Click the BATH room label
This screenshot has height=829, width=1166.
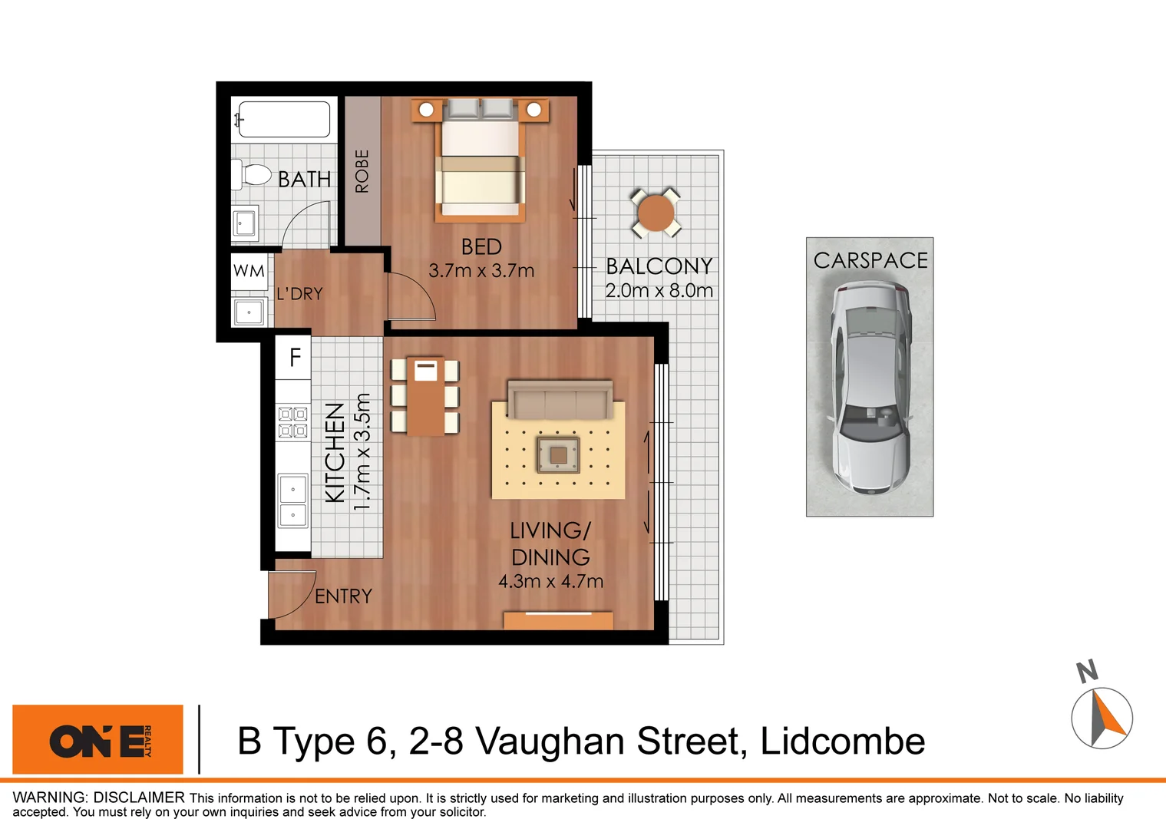[x=304, y=179]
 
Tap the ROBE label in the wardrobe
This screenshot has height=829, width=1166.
[x=362, y=170]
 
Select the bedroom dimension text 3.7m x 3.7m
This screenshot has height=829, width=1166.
[x=481, y=271]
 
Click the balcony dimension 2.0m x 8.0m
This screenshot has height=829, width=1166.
[x=659, y=291]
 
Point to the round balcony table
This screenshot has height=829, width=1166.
[x=656, y=213]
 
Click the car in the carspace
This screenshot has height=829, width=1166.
[x=870, y=387]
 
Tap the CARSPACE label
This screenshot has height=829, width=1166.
[x=870, y=261]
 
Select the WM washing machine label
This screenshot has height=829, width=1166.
[x=249, y=271]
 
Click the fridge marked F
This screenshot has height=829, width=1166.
[x=295, y=357]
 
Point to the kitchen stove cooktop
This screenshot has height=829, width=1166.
[x=292, y=422]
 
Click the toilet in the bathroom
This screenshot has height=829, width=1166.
[x=252, y=175]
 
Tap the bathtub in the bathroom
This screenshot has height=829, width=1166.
[x=284, y=120]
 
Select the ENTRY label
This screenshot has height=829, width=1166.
[x=343, y=596]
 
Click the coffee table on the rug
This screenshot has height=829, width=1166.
[x=558, y=455]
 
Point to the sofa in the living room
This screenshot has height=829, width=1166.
[x=560, y=399]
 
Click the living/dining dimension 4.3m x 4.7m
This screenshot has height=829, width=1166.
[x=550, y=582]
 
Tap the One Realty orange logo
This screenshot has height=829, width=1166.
[x=98, y=740]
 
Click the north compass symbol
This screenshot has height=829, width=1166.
[x=1102, y=717]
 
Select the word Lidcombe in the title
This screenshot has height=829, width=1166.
[x=842, y=741]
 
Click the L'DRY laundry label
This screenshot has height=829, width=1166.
[x=299, y=294]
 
